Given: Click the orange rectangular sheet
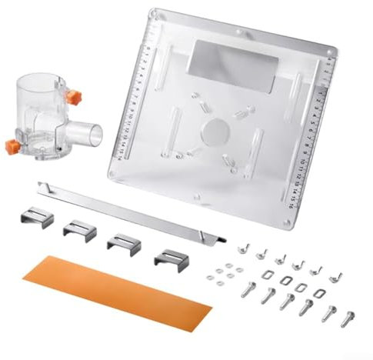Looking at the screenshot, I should [115, 292].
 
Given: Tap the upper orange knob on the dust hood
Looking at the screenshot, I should [75, 98].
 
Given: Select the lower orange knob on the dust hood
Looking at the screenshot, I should [14, 145].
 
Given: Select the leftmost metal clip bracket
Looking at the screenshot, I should [38, 218].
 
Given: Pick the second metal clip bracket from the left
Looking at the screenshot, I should [79, 230].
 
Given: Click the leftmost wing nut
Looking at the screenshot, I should [245, 248].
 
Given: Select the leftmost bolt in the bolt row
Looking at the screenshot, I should [248, 289].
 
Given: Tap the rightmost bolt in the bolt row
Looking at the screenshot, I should [348, 316].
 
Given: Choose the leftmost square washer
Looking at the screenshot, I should [266, 274].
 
